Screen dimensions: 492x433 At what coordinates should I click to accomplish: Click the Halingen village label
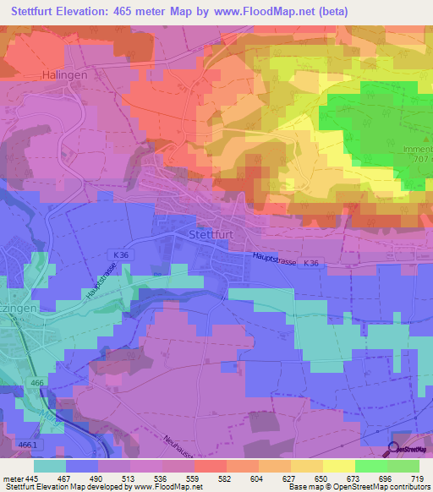click(65, 74)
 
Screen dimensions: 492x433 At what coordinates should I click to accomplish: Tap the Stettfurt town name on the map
click(211, 234)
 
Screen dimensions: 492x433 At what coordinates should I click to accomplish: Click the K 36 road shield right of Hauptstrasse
click(311, 264)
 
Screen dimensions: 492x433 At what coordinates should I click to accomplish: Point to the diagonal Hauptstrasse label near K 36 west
click(100, 280)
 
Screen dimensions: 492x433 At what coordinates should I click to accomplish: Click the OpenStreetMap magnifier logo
click(395, 449)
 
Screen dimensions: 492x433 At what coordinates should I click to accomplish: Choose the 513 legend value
click(129, 479)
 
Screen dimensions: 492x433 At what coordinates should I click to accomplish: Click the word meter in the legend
click(11, 479)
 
